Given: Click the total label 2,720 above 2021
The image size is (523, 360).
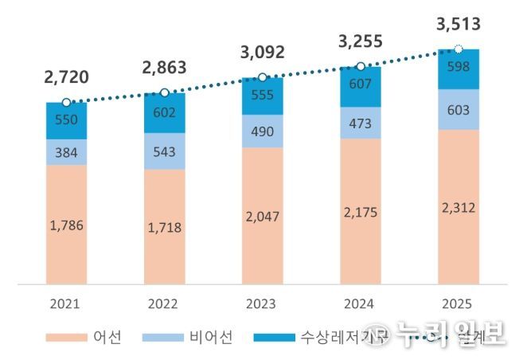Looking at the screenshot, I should click(x=66, y=77).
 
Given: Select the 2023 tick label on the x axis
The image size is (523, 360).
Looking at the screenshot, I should click(x=261, y=303).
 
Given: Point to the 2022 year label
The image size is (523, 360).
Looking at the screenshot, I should click(x=163, y=303).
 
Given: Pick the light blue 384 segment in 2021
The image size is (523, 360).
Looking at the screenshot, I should click(x=66, y=152).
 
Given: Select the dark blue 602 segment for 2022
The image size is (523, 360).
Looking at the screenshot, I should click(x=164, y=112).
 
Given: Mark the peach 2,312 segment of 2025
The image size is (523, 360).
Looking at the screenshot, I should click(x=458, y=205).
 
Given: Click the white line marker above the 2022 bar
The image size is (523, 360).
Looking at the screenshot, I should click(x=164, y=92).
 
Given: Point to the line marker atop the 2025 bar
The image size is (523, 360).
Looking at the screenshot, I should click(x=458, y=49).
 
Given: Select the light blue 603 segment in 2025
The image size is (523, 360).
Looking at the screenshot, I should click(x=458, y=109).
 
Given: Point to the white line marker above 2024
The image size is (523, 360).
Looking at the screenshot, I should click(x=360, y=66).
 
